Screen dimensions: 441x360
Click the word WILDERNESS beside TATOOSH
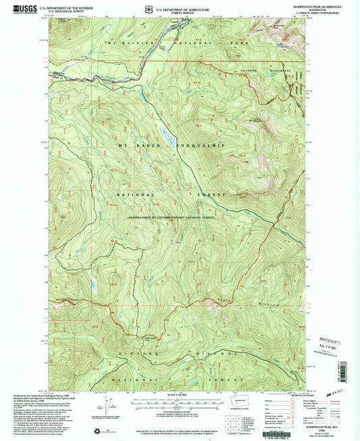coord(283,70)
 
